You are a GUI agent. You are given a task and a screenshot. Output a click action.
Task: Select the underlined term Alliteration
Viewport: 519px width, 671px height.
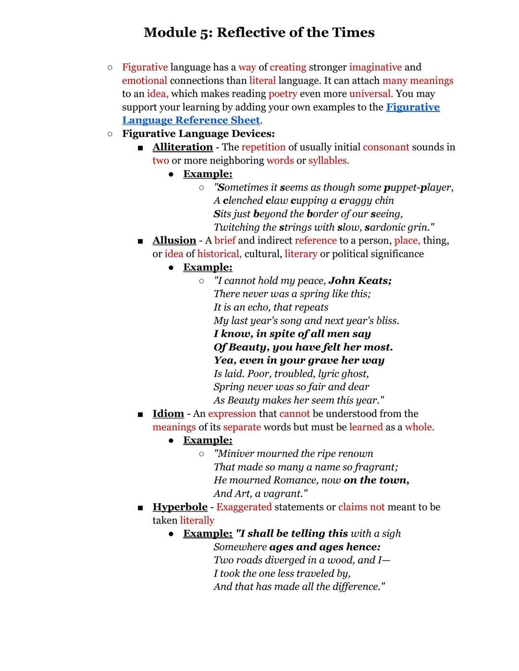[x=183, y=147]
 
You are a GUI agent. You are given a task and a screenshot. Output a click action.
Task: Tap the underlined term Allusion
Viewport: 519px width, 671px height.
[x=174, y=240]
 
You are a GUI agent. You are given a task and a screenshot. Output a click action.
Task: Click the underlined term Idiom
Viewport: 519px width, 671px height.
[x=168, y=414]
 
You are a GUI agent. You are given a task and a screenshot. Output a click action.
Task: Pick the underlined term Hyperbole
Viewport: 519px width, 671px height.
[x=180, y=507]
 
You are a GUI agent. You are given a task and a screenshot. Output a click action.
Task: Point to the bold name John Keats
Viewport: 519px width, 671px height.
[x=360, y=281]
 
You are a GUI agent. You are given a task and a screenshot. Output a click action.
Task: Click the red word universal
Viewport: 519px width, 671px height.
[x=371, y=94]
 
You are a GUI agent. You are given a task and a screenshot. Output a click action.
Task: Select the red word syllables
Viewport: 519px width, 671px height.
[x=329, y=160]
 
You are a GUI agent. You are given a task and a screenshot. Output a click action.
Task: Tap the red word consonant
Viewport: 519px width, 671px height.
[x=386, y=147]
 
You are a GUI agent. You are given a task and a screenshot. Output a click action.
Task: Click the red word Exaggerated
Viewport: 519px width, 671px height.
[x=244, y=507]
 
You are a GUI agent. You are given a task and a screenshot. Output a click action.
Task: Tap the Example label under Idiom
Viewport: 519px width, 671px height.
[x=208, y=440]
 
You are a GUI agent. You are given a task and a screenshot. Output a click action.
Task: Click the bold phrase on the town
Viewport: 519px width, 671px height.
[x=376, y=480]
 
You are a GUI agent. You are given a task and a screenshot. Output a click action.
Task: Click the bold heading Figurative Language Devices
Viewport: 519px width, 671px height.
[x=198, y=134]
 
